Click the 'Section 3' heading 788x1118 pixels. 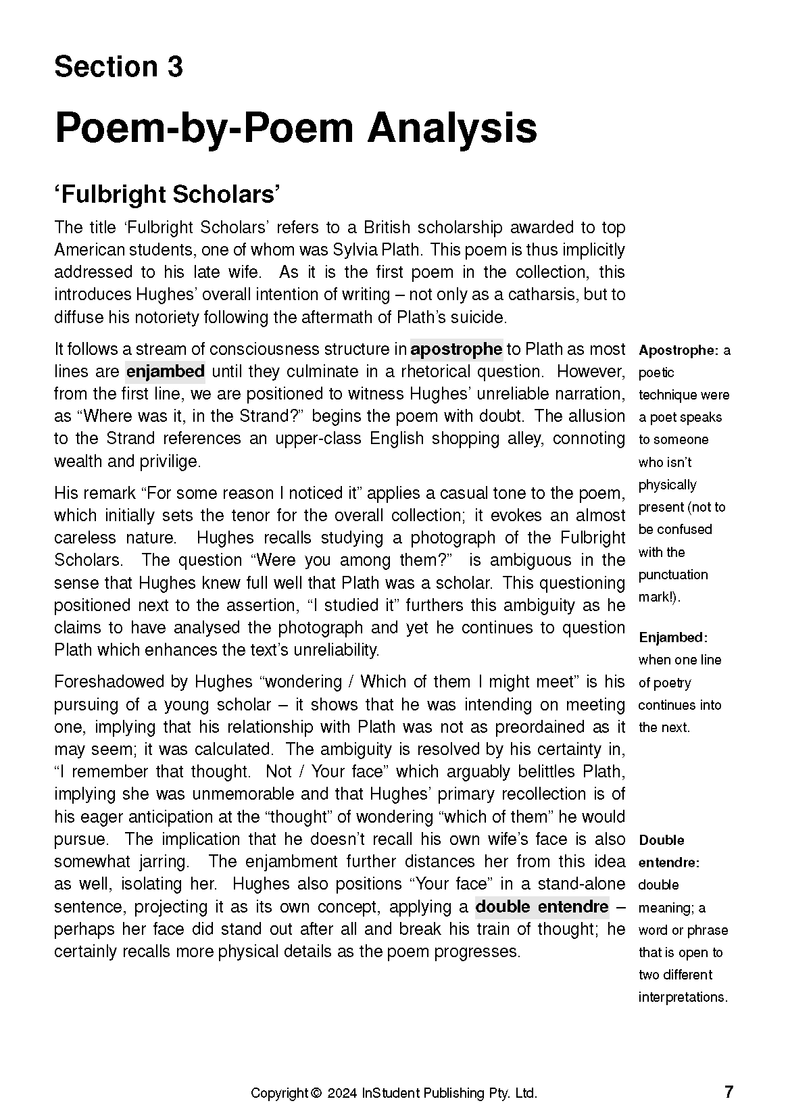pos(118,67)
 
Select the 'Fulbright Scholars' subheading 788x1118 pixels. pos(167,195)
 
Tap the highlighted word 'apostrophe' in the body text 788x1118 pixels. pos(456,349)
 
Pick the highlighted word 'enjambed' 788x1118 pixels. pos(166,372)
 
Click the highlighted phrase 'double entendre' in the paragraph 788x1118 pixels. pos(541,906)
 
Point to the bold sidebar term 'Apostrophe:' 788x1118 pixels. pos(678,350)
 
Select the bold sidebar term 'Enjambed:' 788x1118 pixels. pos(672,637)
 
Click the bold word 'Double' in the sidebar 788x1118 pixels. pos(662,840)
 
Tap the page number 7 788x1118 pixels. pos(729,1092)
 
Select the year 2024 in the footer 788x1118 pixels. pos(342,1093)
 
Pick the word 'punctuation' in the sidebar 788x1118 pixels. pos(673,575)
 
